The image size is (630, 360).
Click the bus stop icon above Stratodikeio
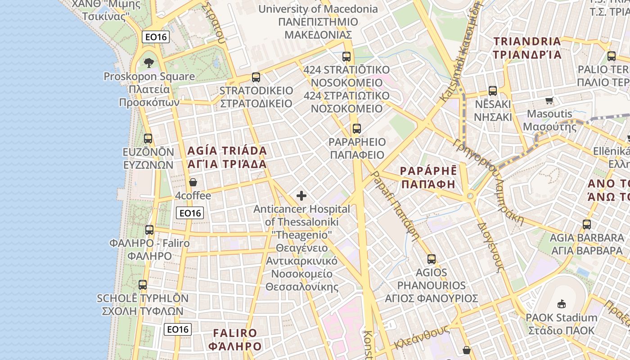point(256,77)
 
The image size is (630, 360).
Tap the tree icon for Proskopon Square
point(148,63)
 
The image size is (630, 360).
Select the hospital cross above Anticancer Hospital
point(301,196)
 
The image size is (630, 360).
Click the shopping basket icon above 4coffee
point(193,182)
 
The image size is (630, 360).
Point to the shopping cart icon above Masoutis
point(549,100)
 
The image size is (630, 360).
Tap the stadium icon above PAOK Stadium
point(561,304)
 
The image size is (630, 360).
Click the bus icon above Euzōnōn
point(148,139)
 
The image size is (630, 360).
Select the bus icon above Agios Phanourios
point(432,259)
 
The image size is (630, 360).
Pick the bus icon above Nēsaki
point(493,91)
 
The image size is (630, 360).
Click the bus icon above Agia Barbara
point(587,224)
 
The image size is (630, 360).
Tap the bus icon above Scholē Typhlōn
point(143,285)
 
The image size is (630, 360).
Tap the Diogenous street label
point(490,247)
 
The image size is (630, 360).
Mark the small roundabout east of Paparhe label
point(470,196)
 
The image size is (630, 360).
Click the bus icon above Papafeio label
point(357,129)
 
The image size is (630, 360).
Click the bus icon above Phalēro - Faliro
point(149,230)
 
